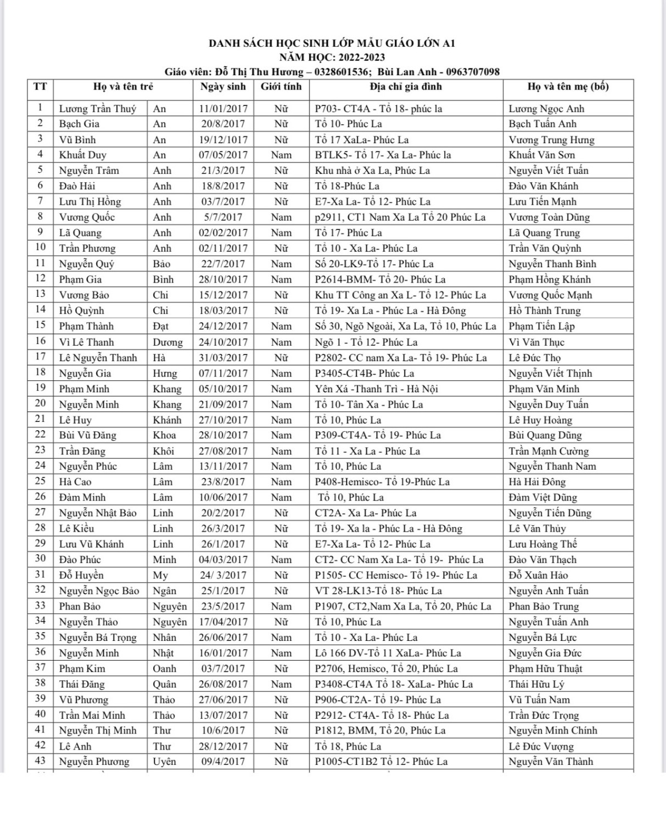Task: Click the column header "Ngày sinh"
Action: pyautogui.click(x=223, y=87)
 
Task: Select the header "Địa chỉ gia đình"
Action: pyautogui.click(x=405, y=87)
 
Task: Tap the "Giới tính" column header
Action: pyautogui.click(x=281, y=87)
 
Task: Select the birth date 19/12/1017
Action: pyautogui.click(x=223, y=140)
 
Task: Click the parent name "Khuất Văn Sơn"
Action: pyautogui.click(x=541, y=155)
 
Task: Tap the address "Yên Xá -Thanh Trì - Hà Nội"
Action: pyautogui.click(x=376, y=389)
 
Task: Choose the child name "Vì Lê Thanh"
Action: pyautogui.click(x=87, y=342)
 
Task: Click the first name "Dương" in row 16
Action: pyautogui.click(x=167, y=342)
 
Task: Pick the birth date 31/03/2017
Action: pyautogui.click(x=223, y=358)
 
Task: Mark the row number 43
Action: pyautogui.click(x=40, y=761)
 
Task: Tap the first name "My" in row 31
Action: pyautogui.click(x=160, y=575)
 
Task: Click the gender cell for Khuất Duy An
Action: pyautogui.click(x=281, y=155)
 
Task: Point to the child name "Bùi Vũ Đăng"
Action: pyautogui.click(x=88, y=436)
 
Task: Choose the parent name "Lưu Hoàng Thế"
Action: pyautogui.click(x=542, y=544)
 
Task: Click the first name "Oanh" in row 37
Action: pyautogui.click(x=164, y=669)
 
